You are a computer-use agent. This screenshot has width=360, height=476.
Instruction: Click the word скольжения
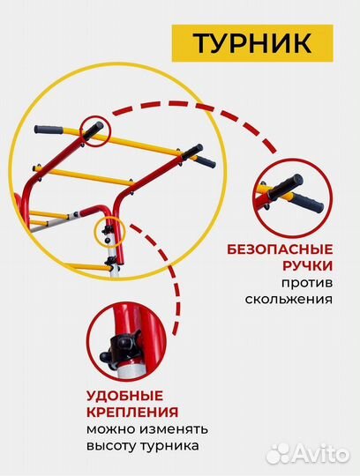(x=290, y=299)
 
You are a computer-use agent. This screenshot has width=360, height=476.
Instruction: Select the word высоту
(x=110, y=447)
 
